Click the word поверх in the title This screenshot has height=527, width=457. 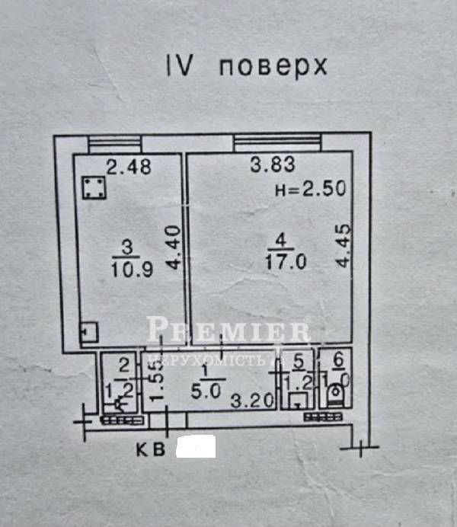click(x=273, y=67)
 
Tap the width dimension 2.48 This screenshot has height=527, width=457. click(x=129, y=166)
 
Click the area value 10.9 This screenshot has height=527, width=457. click(x=126, y=267)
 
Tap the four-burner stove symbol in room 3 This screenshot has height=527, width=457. click(x=92, y=188)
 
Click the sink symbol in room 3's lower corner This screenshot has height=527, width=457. click(x=88, y=333)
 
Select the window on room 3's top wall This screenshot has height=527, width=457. click(x=114, y=142)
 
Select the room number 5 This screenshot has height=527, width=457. click(x=299, y=361)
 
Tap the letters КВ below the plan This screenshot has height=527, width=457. click(x=152, y=449)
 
